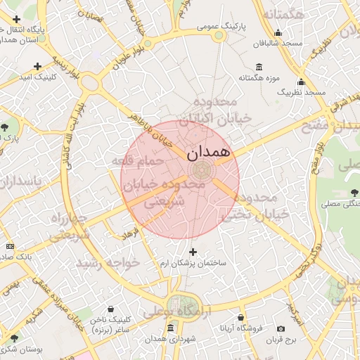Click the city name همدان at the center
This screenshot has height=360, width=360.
coord(210,150)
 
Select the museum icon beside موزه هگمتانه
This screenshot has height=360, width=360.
coord(259,67)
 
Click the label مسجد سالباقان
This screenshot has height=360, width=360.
coord(278,43)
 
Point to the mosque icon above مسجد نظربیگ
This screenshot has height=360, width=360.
coord(301,82)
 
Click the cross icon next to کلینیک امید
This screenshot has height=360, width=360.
coord(37,66)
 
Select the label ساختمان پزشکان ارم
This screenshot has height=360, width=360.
coord(193,262)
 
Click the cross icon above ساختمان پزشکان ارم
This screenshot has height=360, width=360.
coord(193,251)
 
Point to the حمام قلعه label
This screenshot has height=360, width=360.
coord(137,161)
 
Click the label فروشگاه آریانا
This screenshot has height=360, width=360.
coord(241,328)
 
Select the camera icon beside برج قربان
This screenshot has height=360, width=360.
coord(281,329)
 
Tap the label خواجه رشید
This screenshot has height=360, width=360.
coord(108,262)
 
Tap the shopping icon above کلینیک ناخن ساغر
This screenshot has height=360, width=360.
coord(110,309)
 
